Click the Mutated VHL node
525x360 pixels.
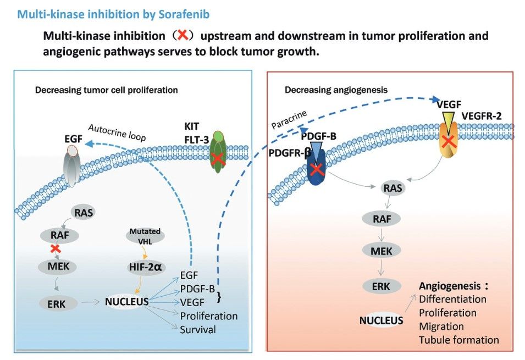(x=145, y=235)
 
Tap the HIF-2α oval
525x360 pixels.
(x=145, y=267)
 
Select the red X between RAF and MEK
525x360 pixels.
(x=55, y=248)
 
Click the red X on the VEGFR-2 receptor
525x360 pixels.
(x=449, y=141)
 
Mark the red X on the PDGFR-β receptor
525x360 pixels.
(x=317, y=169)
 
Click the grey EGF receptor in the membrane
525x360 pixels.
(x=72, y=166)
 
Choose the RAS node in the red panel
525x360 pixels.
(x=393, y=188)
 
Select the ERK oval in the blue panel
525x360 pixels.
(x=56, y=304)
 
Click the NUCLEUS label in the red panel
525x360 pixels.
(x=381, y=320)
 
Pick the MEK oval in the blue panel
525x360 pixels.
(x=58, y=267)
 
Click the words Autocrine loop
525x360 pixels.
(x=117, y=132)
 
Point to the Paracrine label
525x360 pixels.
(x=289, y=120)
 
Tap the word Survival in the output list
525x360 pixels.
(x=198, y=330)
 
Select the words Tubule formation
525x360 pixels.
(x=458, y=340)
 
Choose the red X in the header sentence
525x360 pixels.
(x=183, y=35)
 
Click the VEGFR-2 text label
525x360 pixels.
(x=482, y=116)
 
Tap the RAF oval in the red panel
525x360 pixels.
(x=382, y=219)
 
